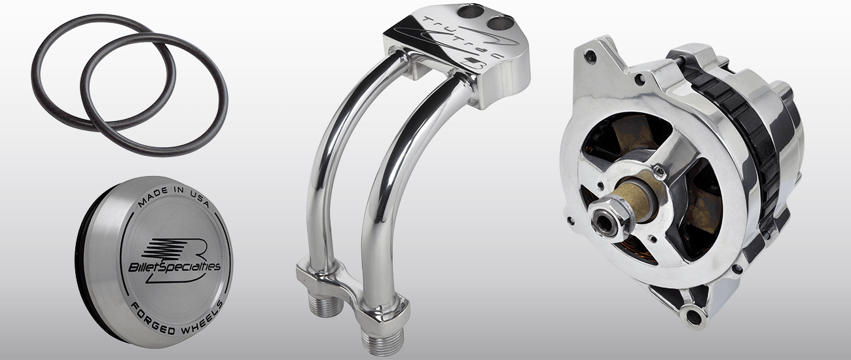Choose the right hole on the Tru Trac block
point(499,22)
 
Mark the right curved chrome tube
point(393,183)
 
